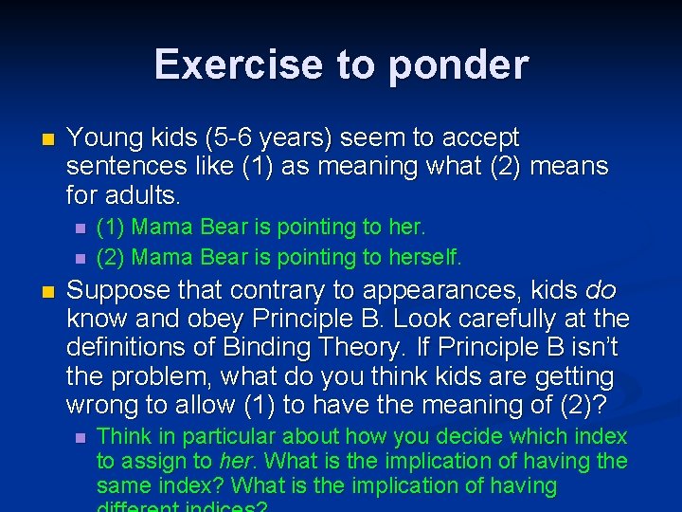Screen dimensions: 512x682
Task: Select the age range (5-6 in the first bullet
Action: pos(244,138)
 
